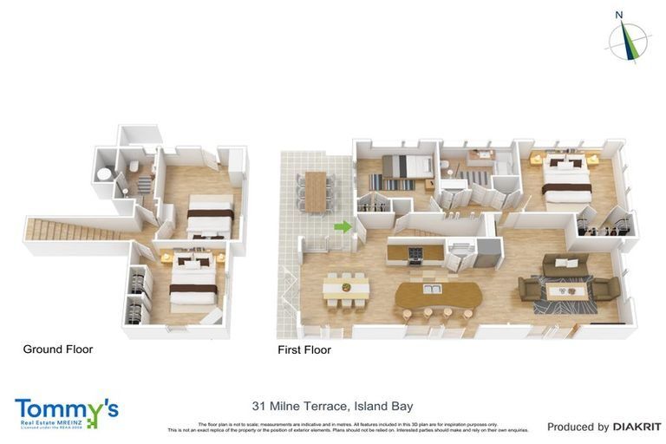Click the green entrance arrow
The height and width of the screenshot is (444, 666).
[x=343, y=227]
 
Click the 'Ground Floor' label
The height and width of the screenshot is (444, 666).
[x=57, y=349]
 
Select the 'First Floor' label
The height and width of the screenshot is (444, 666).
[x=304, y=350]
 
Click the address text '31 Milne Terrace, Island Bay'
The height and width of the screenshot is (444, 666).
[x=332, y=406]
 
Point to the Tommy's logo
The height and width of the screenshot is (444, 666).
[x=66, y=413]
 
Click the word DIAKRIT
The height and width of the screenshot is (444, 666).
[x=637, y=427]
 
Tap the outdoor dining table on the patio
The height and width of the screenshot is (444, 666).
[x=315, y=191]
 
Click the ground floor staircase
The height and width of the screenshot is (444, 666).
[x=75, y=231]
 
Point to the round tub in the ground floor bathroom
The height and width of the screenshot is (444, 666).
[x=103, y=174]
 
